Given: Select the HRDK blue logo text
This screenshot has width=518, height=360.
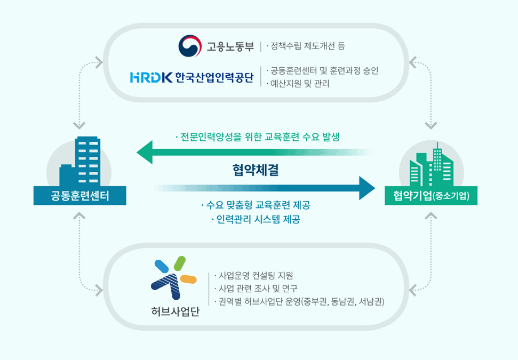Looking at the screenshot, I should click(x=151, y=77).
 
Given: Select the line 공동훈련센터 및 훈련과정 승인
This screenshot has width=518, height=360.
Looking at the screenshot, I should click(x=322, y=70).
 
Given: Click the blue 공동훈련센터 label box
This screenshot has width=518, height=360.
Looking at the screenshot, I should click(x=80, y=196).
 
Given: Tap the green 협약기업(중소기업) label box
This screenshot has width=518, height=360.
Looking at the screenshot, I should click(x=431, y=196).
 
